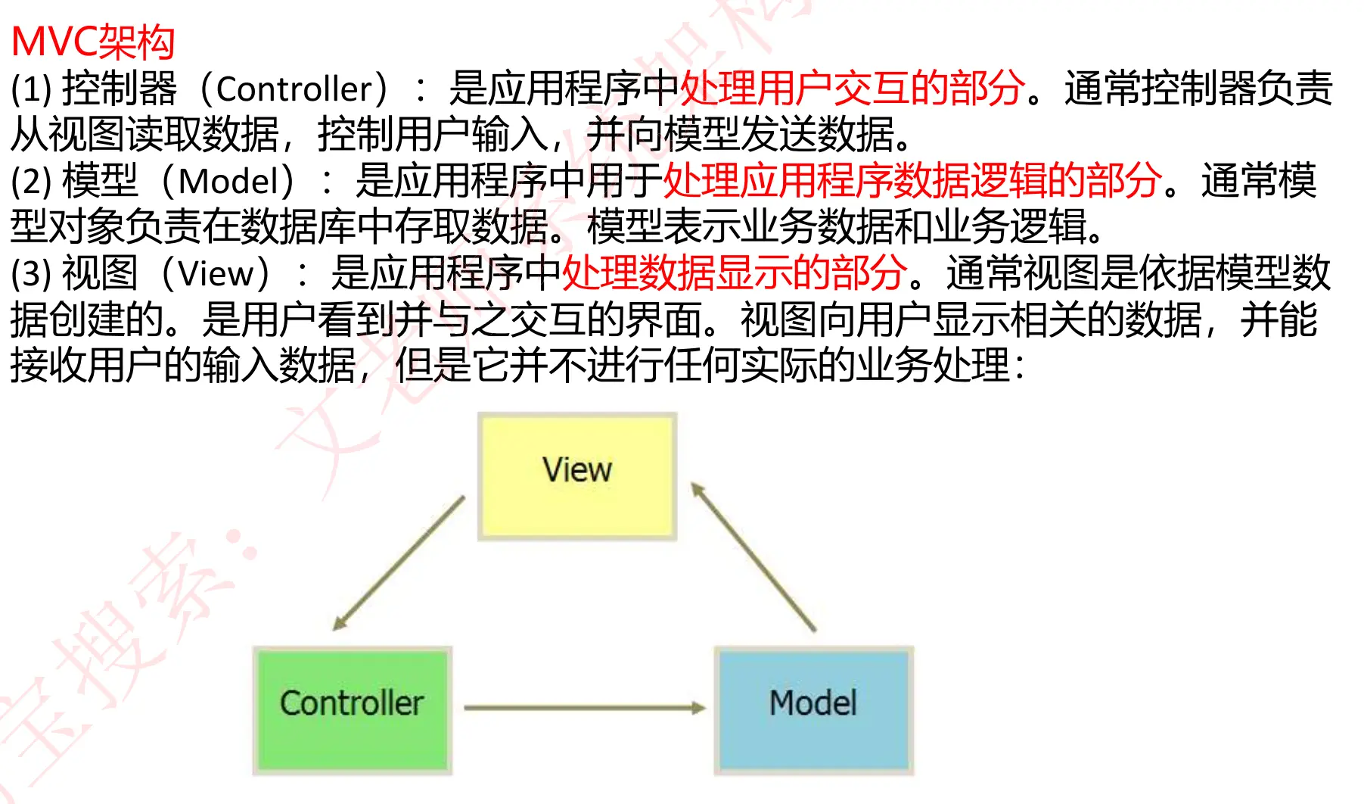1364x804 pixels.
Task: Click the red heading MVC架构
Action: tap(93, 42)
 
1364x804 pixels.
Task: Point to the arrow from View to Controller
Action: tap(399, 562)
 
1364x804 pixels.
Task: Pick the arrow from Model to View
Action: tap(753, 556)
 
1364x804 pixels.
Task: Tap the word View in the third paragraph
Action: tap(216, 273)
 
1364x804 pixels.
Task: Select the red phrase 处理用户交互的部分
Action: tap(853, 89)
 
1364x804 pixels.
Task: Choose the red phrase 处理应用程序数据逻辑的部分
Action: tap(912, 181)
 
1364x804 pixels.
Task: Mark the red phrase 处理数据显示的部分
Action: tap(734, 273)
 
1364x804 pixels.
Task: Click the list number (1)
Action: tap(31, 89)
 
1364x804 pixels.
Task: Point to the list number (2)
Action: tap(31, 182)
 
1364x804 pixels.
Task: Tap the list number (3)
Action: tap(31, 273)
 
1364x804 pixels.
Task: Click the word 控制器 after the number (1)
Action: tap(120, 89)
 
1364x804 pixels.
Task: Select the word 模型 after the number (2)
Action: tap(100, 182)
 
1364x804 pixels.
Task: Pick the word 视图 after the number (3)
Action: tap(100, 273)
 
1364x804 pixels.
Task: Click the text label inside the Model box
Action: tap(813, 703)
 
